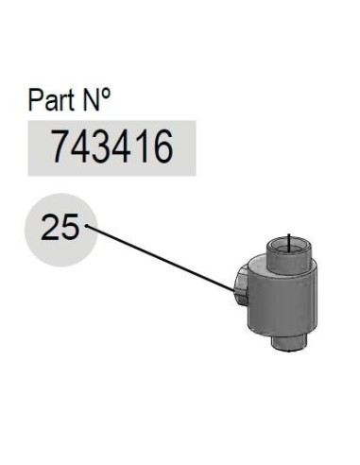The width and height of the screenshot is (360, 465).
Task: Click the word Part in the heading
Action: (x=51, y=99)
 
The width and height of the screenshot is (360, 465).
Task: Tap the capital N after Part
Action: (x=92, y=100)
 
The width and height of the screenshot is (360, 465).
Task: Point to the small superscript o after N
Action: (x=107, y=94)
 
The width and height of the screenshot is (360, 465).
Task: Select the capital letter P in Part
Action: (x=34, y=100)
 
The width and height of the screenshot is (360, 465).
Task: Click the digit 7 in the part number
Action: (x=60, y=146)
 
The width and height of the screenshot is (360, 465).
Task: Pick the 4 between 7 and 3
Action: (x=80, y=146)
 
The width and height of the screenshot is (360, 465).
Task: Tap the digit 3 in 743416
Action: (x=101, y=147)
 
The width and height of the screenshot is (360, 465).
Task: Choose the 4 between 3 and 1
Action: (x=121, y=146)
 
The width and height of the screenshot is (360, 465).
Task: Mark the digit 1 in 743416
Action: (x=140, y=146)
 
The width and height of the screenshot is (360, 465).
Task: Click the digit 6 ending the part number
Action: (x=163, y=147)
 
